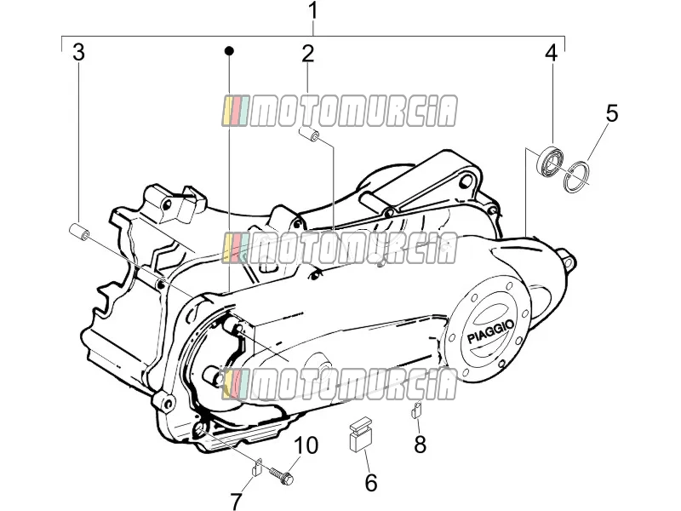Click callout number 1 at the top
[x=312, y=12]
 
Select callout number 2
[x=307, y=54]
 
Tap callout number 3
[x=78, y=52]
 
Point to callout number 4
[x=551, y=53]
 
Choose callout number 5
[x=611, y=113]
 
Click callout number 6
[x=370, y=483]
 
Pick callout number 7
[x=237, y=500]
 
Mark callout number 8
[x=420, y=444]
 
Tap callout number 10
[x=306, y=445]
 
